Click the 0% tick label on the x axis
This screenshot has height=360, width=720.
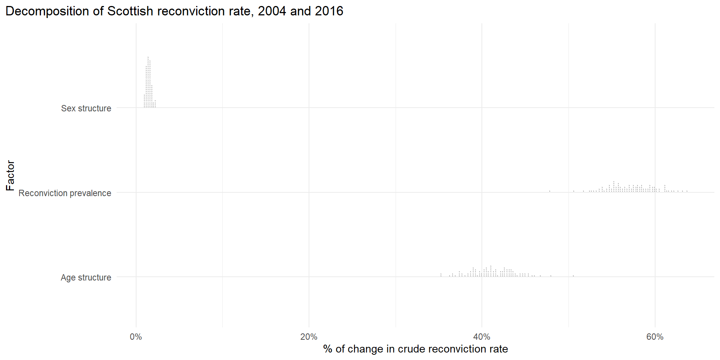tap(136, 337)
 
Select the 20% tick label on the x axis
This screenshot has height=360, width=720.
tap(309, 337)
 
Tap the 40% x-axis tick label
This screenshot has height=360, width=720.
tap(482, 337)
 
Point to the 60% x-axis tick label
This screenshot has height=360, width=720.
tap(655, 337)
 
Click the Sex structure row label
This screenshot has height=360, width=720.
tap(86, 108)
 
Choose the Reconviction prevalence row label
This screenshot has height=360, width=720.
tap(65, 193)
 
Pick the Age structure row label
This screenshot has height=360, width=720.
tap(86, 277)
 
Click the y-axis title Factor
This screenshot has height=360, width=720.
tap(10, 175)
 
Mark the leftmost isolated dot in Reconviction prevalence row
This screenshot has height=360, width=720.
tap(550, 191)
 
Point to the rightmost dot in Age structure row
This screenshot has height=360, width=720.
tap(573, 276)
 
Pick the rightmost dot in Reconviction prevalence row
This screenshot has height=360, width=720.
tap(687, 191)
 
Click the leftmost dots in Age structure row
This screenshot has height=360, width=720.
tap(441, 275)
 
